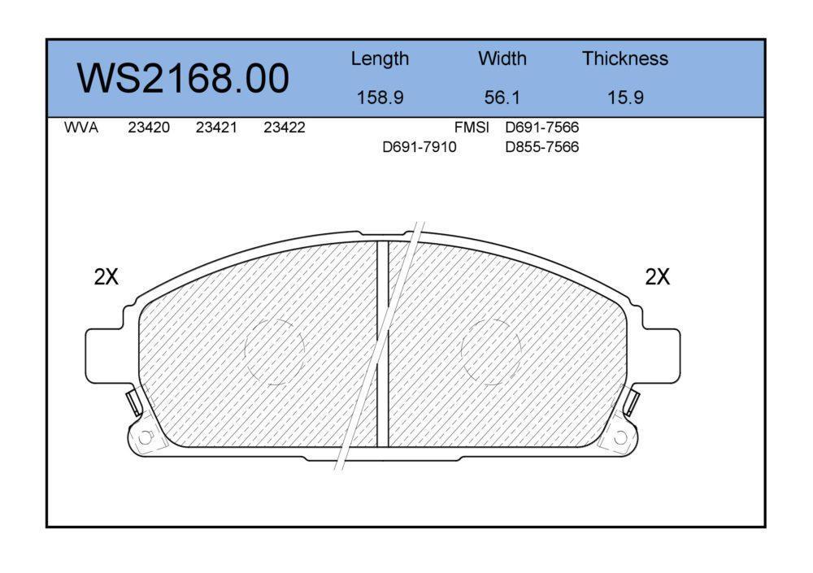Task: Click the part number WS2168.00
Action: (x=183, y=78)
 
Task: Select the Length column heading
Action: (x=380, y=59)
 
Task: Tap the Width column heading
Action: (x=502, y=58)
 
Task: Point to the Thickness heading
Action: (x=624, y=58)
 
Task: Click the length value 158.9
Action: (x=380, y=98)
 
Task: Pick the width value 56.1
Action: (x=502, y=98)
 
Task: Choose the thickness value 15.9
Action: (x=625, y=98)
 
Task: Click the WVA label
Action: (x=80, y=128)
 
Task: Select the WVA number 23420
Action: (x=149, y=128)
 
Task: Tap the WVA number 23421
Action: (x=216, y=128)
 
